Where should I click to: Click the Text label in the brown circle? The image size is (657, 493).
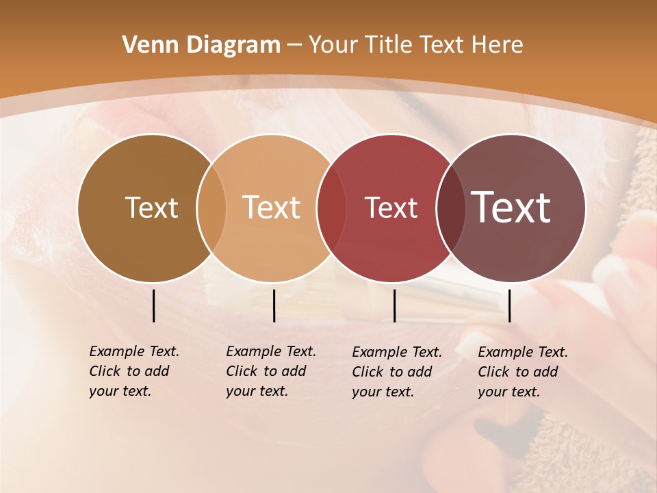(x=151, y=207)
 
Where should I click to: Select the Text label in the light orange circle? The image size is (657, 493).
(x=272, y=207)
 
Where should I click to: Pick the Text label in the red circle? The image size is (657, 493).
(x=391, y=207)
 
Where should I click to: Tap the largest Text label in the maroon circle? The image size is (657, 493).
(x=511, y=207)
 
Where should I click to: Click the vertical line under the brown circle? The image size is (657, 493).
(x=153, y=305)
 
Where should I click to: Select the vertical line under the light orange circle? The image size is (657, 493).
(x=274, y=305)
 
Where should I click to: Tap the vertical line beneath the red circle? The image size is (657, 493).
(x=394, y=305)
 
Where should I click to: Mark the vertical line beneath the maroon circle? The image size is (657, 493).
(x=510, y=305)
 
